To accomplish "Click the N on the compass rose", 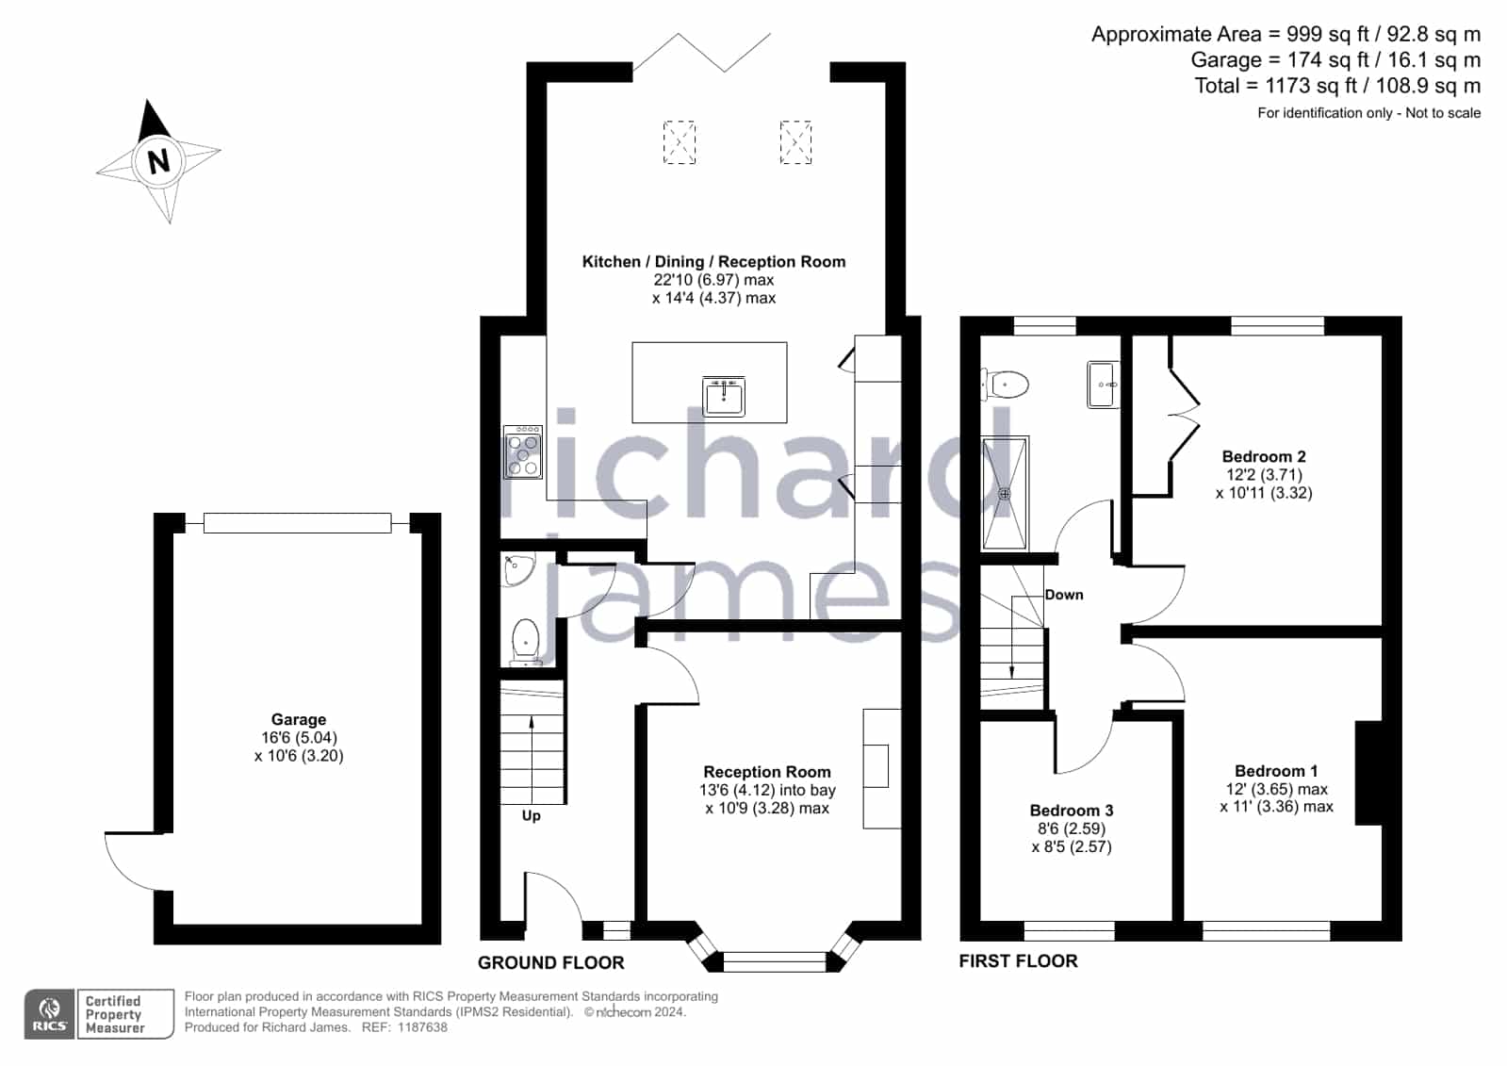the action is coord(158,161).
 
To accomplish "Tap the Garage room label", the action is coord(299,719).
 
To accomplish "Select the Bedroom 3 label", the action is coord(1071,811).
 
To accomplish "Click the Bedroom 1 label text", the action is coord(1275,771).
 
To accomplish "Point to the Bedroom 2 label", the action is coord(1264,456).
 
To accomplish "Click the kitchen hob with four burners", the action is coord(523,452).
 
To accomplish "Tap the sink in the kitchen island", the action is coord(723,397).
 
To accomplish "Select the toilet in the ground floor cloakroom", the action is coord(526,642).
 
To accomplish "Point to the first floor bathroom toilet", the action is coord(1005,385).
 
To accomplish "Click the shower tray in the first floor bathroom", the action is coord(1005,493).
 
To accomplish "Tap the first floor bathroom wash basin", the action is coord(1104,385).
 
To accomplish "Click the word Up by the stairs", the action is coord(531,815).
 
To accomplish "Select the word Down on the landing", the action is coord(1064,595).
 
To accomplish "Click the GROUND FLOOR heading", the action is coord(551,963).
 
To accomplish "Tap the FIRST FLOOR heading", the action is coord(1018,961).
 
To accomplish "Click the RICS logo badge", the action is coord(50,1014).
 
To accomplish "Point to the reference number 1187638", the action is coord(422,1027).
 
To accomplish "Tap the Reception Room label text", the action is coord(767,772).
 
